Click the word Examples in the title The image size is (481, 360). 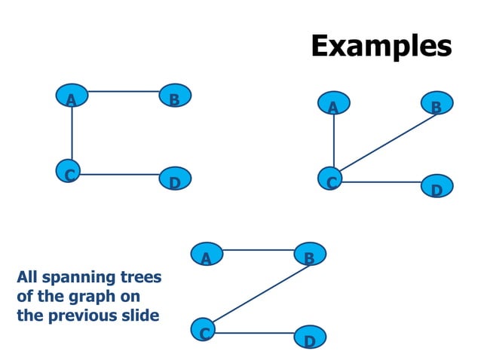pos(381,46)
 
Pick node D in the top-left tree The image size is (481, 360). pos(176,180)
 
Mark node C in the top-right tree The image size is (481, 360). pos(331,181)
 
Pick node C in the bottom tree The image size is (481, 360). pos(204,330)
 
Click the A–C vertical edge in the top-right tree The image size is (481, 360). pos(333,143)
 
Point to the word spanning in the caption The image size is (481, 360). pos(79,279)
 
